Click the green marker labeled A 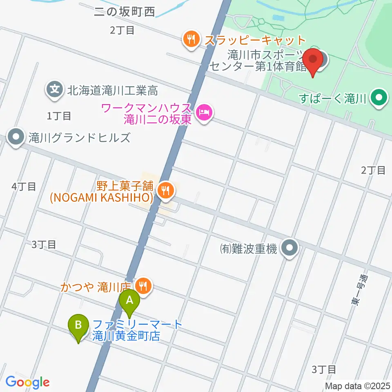(x=129, y=301)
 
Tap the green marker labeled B (x=79, y=325)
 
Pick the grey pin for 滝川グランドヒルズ (x=17, y=138)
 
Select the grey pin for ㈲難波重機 (x=290, y=247)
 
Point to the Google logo (x=27, y=382)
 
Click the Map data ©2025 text (x=358, y=385)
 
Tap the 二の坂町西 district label (x=124, y=12)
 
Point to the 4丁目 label (x=24, y=187)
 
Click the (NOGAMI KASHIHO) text (x=101, y=198)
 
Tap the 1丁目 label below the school (x=59, y=116)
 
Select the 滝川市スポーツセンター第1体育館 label (x=257, y=60)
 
